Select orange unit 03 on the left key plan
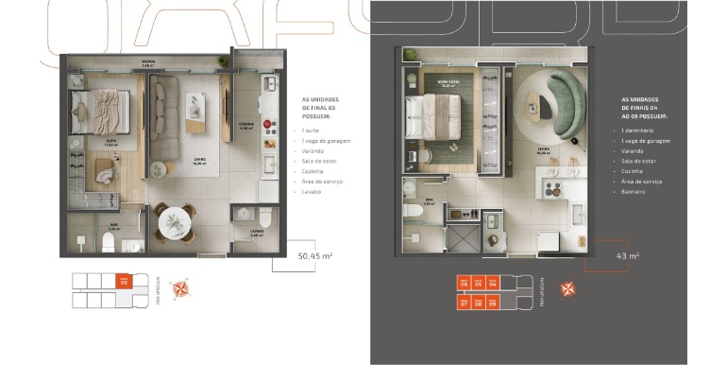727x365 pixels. click(123, 281)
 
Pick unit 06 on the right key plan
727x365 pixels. click(464, 283)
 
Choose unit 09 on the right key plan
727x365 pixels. click(493, 303)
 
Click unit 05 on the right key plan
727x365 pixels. click(478, 283)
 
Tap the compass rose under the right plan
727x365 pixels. click(568, 288)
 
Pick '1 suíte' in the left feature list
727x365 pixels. click(310, 130)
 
